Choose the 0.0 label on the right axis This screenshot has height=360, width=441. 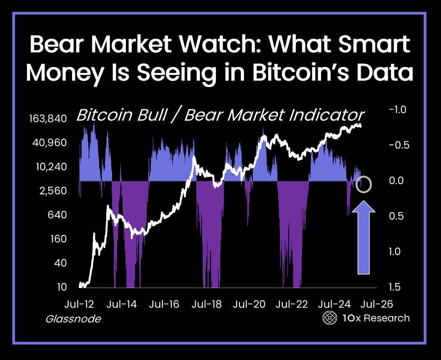point(397,180)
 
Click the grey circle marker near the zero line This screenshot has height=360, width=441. point(364,185)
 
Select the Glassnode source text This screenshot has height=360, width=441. point(73,319)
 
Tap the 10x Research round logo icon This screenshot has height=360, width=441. point(329,318)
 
